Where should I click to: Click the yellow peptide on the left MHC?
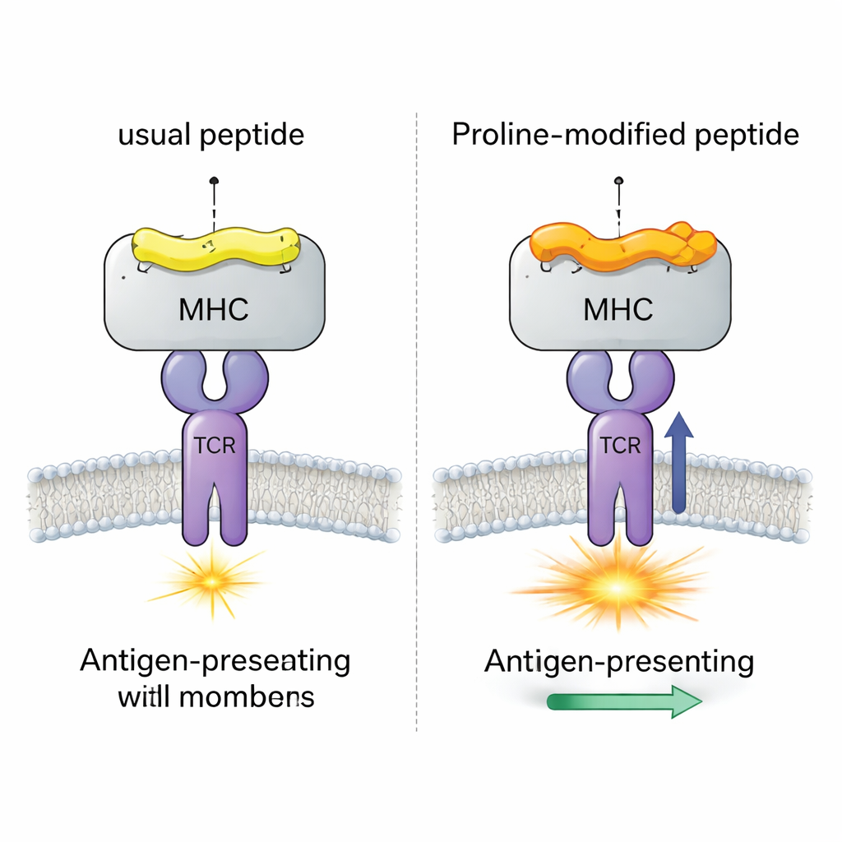pos(214,246)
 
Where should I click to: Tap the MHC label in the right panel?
pos(618,310)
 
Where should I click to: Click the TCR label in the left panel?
pos(214,446)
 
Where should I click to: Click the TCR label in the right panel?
pos(620,446)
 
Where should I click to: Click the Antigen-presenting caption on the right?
pos(619,661)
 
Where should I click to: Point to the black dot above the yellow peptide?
pos(214,179)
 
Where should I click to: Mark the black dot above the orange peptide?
pos(619,179)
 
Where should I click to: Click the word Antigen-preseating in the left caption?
pos(215,661)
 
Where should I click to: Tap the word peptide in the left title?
pos(253,135)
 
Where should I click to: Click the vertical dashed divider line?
pos(419,411)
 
